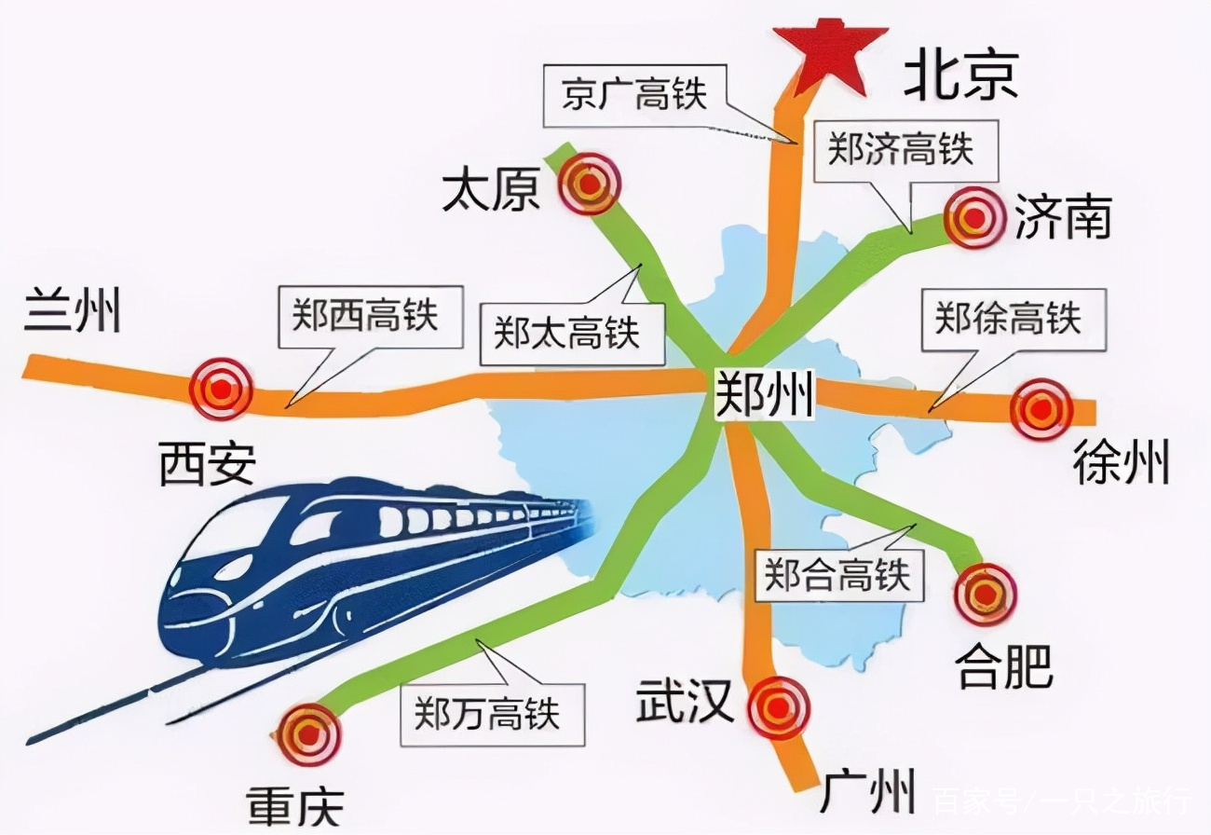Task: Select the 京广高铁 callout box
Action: click(x=635, y=93)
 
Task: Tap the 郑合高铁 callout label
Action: click(x=837, y=575)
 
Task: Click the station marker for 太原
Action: click(x=589, y=185)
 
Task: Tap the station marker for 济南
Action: click(x=975, y=217)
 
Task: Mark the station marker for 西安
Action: click(x=221, y=389)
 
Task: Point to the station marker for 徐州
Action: click(x=1041, y=409)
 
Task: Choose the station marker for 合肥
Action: click(x=986, y=594)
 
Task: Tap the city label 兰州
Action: click(x=73, y=311)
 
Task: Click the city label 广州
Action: click(x=867, y=791)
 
